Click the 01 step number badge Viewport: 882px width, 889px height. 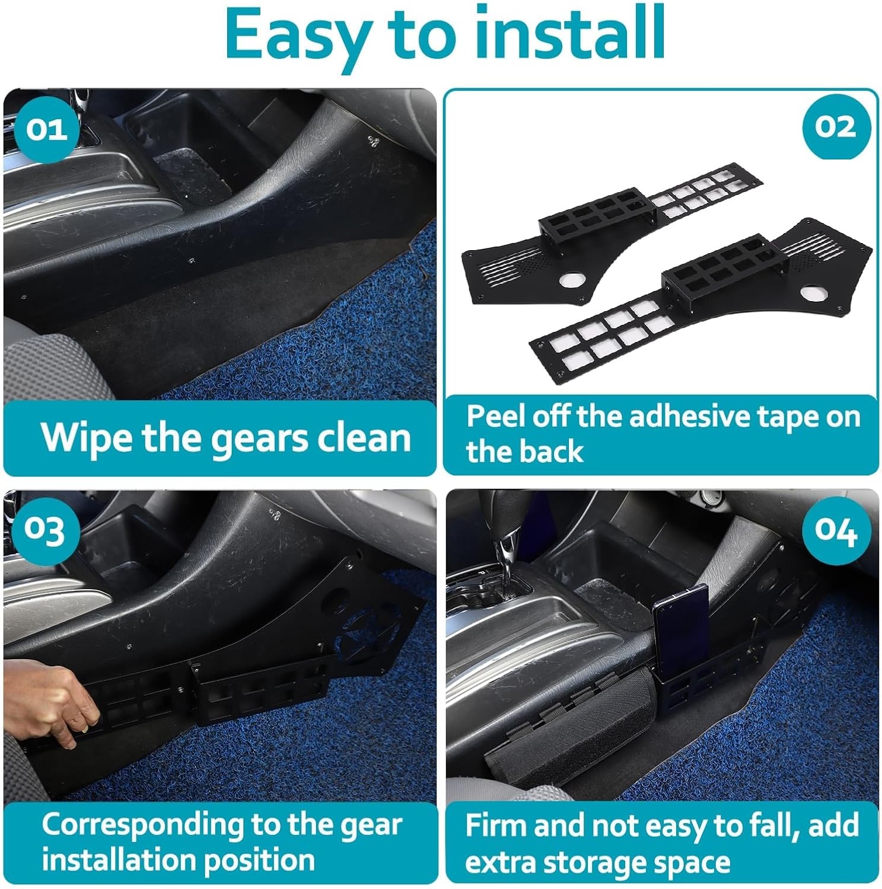pyautogui.click(x=46, y=127)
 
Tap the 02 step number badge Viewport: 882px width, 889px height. pyautogui.click(x=836, y=127)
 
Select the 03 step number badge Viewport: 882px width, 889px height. pyautogui.click(x=46, y=530)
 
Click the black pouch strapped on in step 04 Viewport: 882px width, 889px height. pyautogui.click(x=563, y=730)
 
